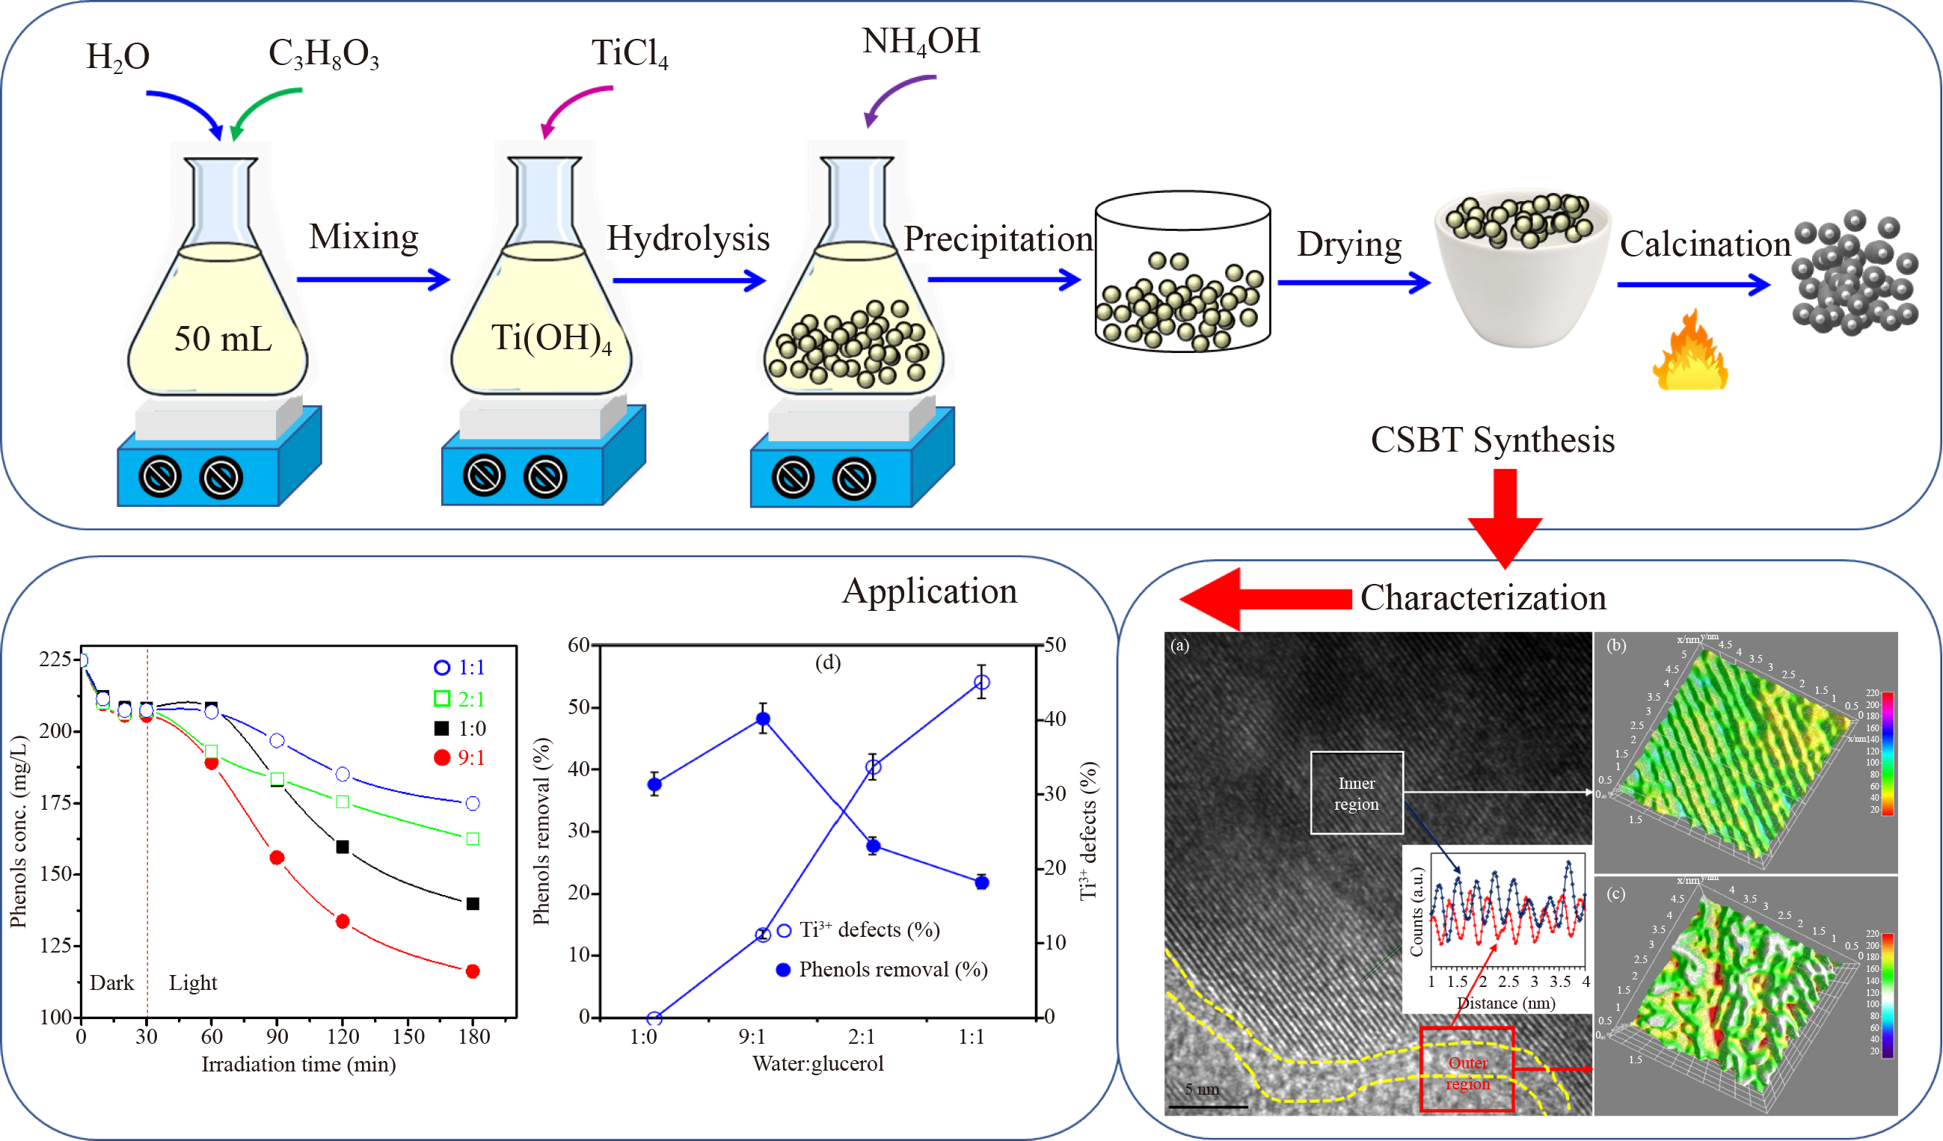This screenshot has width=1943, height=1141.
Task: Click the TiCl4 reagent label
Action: coord(629,54)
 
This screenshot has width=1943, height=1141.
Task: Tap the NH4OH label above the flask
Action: coord(921,42)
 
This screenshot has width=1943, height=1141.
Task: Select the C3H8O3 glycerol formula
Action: coord(323,55)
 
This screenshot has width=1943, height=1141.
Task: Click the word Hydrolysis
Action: coord(688,239)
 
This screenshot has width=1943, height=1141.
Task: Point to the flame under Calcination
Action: coord(1689,353)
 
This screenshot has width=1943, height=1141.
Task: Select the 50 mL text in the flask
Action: coord(223,339)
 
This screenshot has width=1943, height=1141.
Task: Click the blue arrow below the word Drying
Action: coord(1353,282)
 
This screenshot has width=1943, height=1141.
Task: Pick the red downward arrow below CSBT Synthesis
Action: coord(1504,517)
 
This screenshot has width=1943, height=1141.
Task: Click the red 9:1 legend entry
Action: coord(459,758)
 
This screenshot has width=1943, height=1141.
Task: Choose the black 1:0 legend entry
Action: coord(459,728)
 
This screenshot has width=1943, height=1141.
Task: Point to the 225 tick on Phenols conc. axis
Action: coord(55,659)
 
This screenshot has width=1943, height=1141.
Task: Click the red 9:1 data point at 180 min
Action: coord(473,971)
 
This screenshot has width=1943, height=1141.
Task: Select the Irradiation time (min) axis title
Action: coord(298,1065)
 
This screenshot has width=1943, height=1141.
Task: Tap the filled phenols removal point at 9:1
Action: coord(763,719)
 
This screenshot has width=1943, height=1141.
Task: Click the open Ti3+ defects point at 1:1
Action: coord(981,683)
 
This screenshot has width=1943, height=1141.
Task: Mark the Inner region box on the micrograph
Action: coord(1356,793)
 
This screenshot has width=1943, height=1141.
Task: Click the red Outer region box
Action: coord(1467,1069)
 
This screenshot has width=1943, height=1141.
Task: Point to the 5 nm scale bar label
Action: coord(1201,1089)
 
